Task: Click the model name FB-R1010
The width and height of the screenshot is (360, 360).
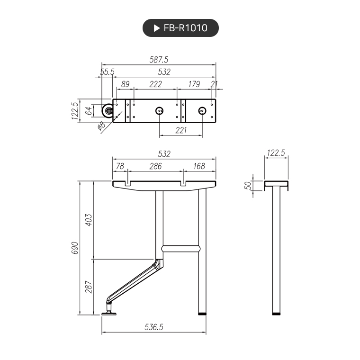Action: click(185, 28)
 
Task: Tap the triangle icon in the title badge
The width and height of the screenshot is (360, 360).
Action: click(157, 28)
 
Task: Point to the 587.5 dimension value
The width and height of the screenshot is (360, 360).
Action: click(159, 60)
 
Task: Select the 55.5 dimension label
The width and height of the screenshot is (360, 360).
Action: click(107, 72)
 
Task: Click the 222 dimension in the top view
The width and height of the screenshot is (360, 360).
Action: click(155, 84)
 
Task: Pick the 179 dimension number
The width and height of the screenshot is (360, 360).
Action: click(194, 84)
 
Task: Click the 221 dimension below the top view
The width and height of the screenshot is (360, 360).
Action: click(181, 130)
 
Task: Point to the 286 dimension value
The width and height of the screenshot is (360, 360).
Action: click(155, 166)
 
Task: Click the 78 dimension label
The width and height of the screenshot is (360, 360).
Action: click(120, 166)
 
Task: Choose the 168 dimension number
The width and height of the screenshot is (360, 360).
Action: click(199, 166)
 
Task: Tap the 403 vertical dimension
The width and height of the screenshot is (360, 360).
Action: click(89, 220)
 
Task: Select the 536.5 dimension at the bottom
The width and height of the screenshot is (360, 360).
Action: click(154, 327)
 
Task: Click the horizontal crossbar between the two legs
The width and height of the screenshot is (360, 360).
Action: click(180, 248)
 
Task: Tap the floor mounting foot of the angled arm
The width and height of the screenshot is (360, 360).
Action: click(110, 312)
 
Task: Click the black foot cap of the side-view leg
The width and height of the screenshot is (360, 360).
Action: click(276, 313)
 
